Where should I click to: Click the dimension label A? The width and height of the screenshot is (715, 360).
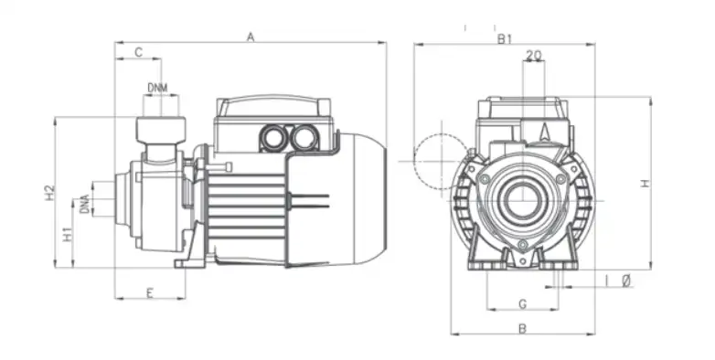pyautogui.click(x=251, y=37)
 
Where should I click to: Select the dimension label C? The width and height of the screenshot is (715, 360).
pyautogui.click(x=139, y=52)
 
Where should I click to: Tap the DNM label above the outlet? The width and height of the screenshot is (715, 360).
pyautogui.click(x=158, y=88)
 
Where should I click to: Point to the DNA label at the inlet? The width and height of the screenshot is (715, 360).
pyautogui.click(x=84, y=204)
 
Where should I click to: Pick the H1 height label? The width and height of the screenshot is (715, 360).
pyautogui.click(x=68, y=234)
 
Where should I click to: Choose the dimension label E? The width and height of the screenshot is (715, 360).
pyautogui.click(x=150, y=293)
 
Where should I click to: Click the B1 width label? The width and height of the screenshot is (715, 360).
pyautogui.click(x=505, y=38)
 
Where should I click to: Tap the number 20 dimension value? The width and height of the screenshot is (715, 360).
pyautogui.click(x=534, y=55)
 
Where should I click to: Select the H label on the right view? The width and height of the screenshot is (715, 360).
pyautogui.click(x=645, y=183)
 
